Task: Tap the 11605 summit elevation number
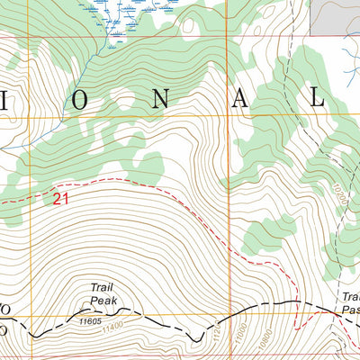pyautogui.click(x=90, y=319)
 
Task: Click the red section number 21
pyautogui.click(x=59, y=199)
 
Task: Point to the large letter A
pyautogui.click(x=238, y=98)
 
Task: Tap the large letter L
pyautogui.click(x=317, y=98)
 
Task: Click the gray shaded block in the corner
pyautogui.click(x=335, y=16)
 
